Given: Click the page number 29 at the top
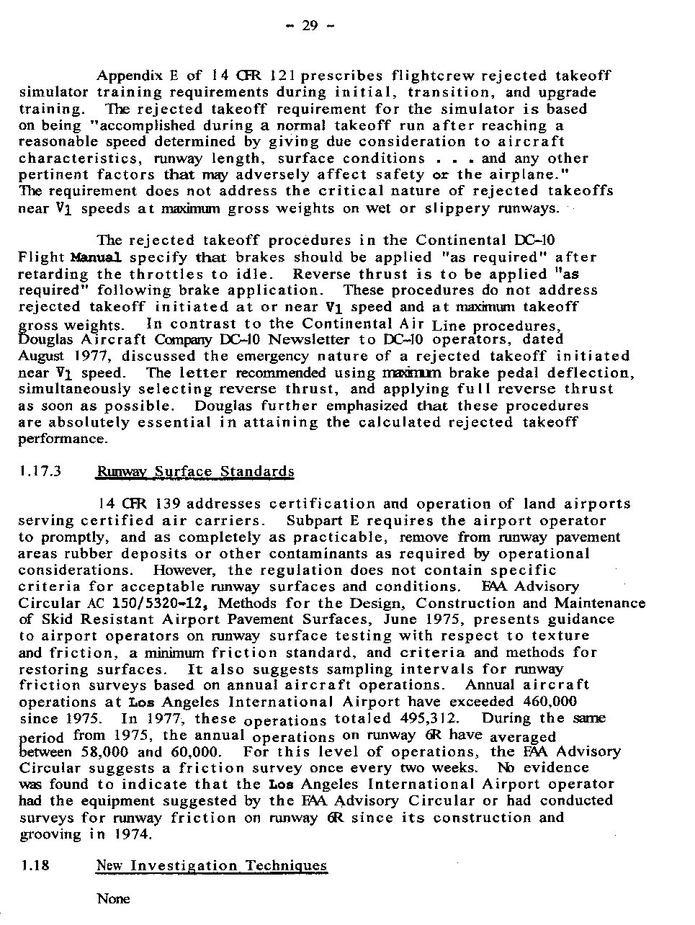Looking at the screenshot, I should (x=310, y=27).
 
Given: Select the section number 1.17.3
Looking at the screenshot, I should (x=39, y=472).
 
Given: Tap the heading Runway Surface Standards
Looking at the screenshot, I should (x=195, y=472).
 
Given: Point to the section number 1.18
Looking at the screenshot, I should (x=35, y=865).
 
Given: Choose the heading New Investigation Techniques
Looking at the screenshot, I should (x=211, y=865).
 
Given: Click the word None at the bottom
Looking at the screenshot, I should (x=113, y=898).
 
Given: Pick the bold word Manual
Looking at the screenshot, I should (x=96, y=257).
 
